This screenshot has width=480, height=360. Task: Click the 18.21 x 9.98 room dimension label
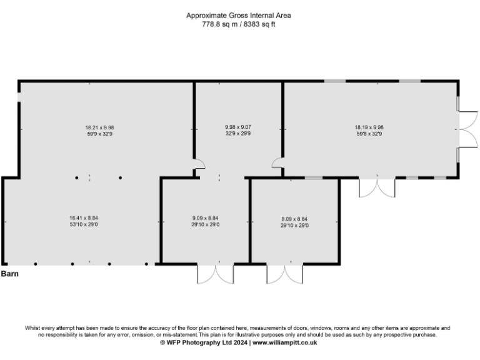pyautogui.click(x=89, y=127)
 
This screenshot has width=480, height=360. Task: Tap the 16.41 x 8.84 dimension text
pyautogui.click(x=82, y=218)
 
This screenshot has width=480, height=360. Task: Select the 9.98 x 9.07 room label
pyautogui.click(x=238, y=127)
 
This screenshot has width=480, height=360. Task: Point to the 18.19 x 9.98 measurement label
pyautogui.click(x=369, y=127)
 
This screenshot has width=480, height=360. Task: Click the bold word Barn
pyautogui.click(x=9, y=274)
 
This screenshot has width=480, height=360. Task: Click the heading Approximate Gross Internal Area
pyautogui.click(x=238, y=15)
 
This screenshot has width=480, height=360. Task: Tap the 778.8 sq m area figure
pyautogui.click(x=220, y=24)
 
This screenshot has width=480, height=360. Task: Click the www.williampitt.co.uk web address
pyautogui.click(x=285, y=342)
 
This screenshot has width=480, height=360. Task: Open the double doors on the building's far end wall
pyautogui.click(x=465, y=129)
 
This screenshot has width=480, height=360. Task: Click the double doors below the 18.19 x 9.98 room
pyautogui.click(x=377, y=187)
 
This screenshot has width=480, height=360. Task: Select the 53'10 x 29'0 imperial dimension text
pyautogui.click(x=82, y=225)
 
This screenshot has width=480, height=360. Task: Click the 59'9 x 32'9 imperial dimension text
pyautogui.click(x=89, y=134)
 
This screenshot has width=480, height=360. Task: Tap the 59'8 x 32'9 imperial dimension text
pyautogui.click(x=369, y=134)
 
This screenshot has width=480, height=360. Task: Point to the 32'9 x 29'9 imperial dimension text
pyautogui.click(x=238, y=134)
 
